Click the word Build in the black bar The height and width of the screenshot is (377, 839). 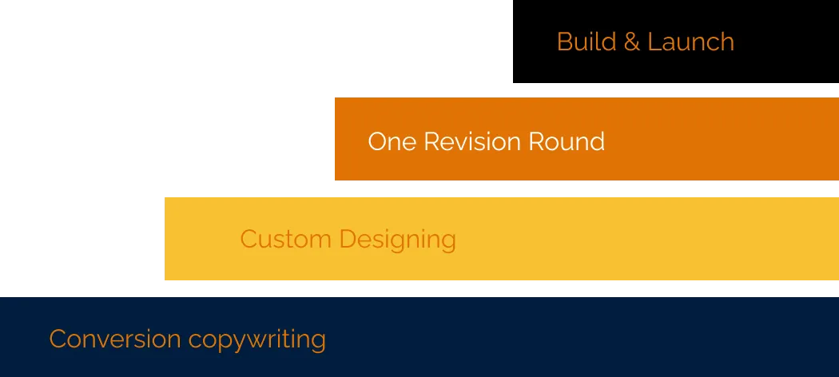coord(587,42)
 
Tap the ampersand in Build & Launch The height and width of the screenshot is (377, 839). coord(632,42)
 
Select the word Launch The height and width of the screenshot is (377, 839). coord(691,42)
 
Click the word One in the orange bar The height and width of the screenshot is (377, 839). coord(392,141)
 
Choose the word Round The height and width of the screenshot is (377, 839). coord(567,141)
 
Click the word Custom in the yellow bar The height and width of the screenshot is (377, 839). coord(286,239)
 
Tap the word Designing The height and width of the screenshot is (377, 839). coord(398,240)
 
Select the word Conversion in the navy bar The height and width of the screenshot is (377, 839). coord(115,339)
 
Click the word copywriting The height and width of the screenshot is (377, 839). coord(257,340)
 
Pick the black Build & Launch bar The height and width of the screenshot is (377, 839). coord(676,42)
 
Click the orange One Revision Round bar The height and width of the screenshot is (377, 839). coord(587,139)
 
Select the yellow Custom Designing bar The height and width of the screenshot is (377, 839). coord(502,239)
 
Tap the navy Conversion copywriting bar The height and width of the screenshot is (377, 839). coord(419,337)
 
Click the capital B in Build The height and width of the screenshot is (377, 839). coord(564,42)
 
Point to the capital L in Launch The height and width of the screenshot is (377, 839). coord(654,42)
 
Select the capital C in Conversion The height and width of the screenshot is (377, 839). coord(58,339)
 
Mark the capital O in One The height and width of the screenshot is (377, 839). coord(378,141)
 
